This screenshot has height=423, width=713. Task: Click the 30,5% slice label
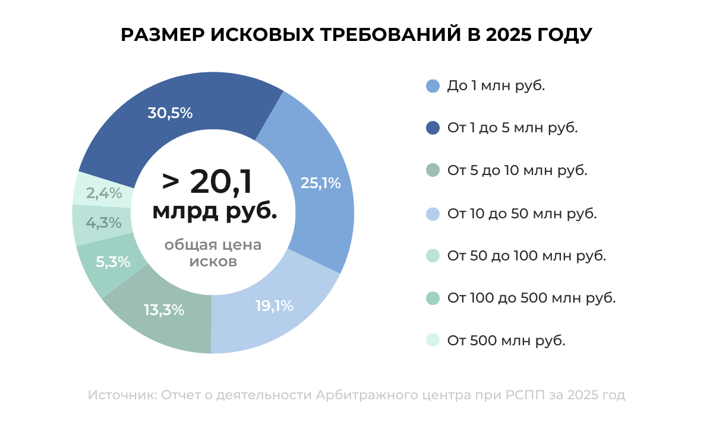point(170,113)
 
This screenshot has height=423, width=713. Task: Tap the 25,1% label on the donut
point(321,183)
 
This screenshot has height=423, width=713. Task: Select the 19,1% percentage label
point(275,306)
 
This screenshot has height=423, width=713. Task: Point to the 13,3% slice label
point(164,310)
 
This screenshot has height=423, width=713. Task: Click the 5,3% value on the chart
point(112,262)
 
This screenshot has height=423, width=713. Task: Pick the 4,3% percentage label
point(103,223)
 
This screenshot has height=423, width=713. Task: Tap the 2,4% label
point(104,193)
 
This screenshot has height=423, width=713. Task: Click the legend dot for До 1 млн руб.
point(433,86)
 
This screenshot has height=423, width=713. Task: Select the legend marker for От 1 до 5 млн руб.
point(433,128)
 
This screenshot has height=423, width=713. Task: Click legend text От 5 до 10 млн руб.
point(517,171)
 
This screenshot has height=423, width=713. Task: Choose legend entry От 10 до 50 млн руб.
point(522,214)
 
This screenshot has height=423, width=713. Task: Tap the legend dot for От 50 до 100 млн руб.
point(433,256)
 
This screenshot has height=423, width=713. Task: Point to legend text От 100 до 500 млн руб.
point(531,298)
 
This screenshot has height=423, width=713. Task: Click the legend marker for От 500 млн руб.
point(433,341)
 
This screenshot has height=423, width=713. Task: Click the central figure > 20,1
point(207,182)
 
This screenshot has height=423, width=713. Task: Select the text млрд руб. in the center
point(214,211)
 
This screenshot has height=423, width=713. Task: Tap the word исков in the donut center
point(213,261)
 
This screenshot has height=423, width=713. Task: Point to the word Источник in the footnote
point(121,395)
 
